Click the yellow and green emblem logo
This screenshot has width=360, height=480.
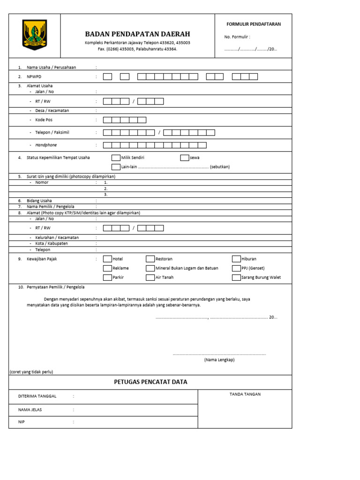click(x=35, y=35)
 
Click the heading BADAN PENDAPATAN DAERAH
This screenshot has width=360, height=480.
click(x=137, y=34)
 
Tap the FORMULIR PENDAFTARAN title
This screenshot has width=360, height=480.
click(x=254, y=24)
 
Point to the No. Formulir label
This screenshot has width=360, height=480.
click(x=237, y=37)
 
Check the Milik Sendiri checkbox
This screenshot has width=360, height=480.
click(x=116, y=157)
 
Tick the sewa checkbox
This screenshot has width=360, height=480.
click(x=185, y=157)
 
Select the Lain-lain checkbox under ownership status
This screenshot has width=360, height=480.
click(x=116, y=166)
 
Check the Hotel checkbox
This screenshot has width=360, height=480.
click(x=108, y=259)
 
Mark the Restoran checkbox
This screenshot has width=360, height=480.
click(x=150, y=259)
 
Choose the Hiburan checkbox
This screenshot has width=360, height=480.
click(x=236, y=259)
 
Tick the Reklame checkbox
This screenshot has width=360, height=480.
click(x=108, y=268)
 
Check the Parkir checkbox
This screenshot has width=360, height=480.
click(x=108, y=277)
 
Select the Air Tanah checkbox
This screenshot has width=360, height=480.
click(x=150, y=277)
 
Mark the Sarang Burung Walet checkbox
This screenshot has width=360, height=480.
click(x=236, y=277)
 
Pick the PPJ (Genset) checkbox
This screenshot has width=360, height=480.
click(x=236, y=268)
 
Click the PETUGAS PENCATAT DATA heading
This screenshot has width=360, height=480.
click(x=150, y=382)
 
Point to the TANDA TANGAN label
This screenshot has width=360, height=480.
click(x=245, y=394)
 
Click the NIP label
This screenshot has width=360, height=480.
click(x=21, y=422)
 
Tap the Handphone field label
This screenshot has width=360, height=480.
click(x=45, y=145)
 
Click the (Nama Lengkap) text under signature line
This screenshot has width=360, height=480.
click(x=219, y=360)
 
